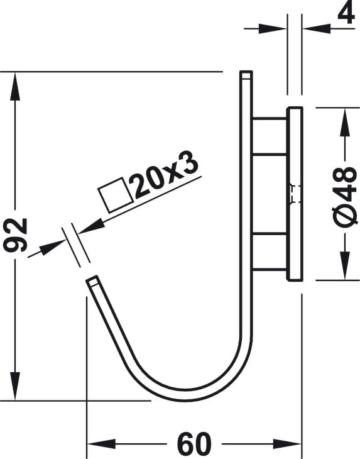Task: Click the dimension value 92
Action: tap(15, 235)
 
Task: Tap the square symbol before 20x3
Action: tap(116, 195)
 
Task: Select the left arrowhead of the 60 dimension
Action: tap(102, 444)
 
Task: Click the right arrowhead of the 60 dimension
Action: tap(287, 444)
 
